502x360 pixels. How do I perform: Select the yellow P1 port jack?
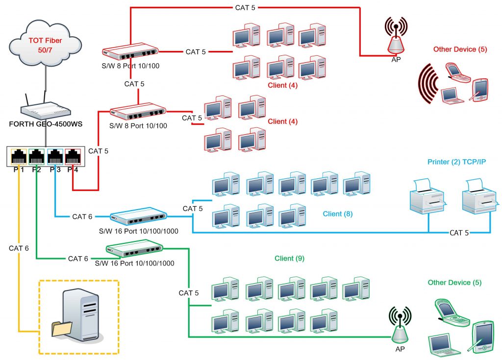click(19, 157)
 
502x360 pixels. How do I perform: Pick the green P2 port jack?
click(37, 157)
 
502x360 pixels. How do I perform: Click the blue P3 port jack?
click(55, 157)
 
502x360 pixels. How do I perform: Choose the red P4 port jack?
click(73, 157)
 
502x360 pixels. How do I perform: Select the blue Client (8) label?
click(338, 214)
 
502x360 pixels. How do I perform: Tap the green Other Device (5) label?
click(454, 283)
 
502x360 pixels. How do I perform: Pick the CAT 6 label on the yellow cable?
click(19, 248)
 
